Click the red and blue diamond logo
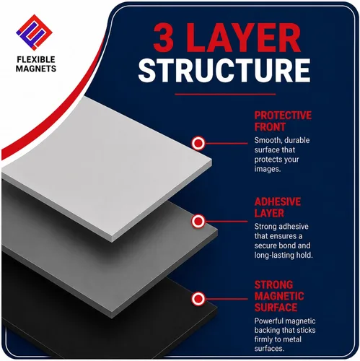[34, 32]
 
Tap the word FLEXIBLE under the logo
[36, 59]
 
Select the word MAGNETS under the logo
[36, 69]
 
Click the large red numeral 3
[164, 38]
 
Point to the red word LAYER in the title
[244, 38]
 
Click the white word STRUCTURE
[224, 70]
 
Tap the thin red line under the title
[225, 94]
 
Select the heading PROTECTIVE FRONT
[283, 121]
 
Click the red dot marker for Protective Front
[198, 143]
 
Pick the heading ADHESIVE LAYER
[278, 207]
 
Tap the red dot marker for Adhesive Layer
[198, 221]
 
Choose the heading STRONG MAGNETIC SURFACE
[279, 296]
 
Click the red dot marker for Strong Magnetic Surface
[198, 299]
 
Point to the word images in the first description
[268, 169]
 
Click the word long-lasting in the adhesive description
[273, 255]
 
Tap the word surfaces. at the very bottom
[269, 348]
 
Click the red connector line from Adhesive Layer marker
[226, 221]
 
